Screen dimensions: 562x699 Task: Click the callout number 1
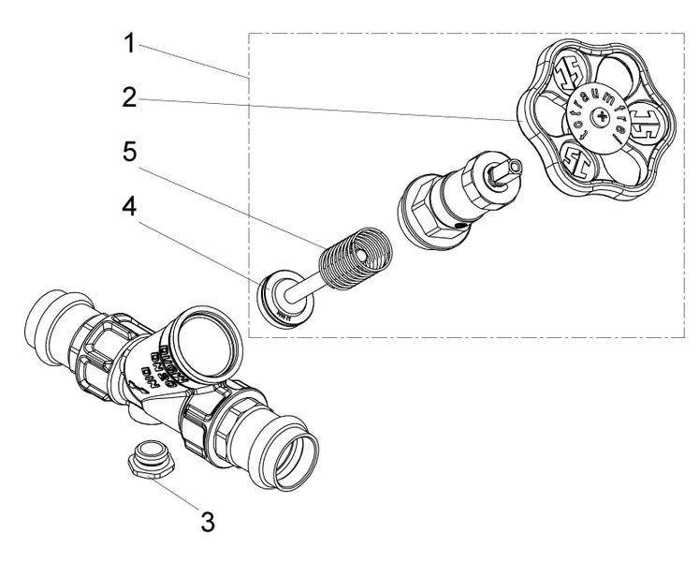coord(131,43)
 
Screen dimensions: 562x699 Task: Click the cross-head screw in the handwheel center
coord(608,118)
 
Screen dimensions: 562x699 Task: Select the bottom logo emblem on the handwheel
coord(580,163)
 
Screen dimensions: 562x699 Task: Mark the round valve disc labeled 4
coord(277,298)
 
